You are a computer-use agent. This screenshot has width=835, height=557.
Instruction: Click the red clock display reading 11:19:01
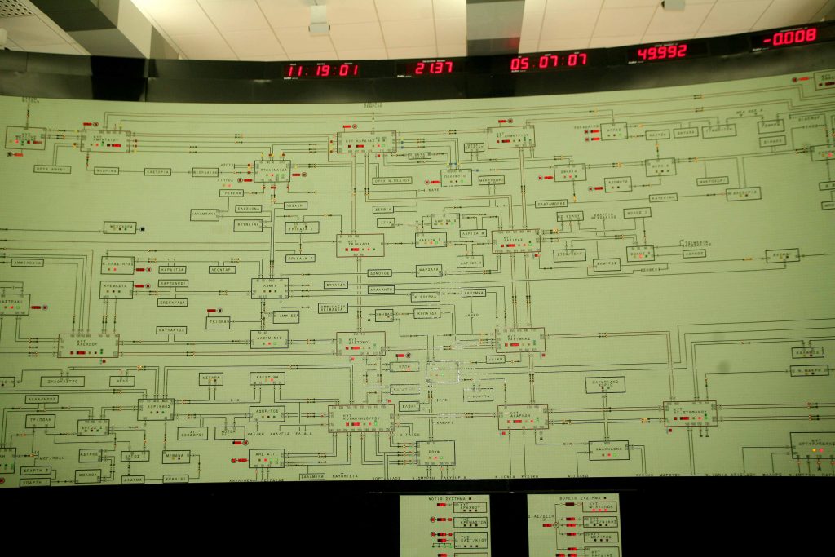click(x=322, y=70)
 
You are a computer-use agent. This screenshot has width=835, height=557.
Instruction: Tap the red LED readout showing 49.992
click(x=662, y=51)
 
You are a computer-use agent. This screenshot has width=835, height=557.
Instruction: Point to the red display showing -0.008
click(x=789, y=36)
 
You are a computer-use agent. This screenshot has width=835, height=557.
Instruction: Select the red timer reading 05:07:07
click(x=548, y=61)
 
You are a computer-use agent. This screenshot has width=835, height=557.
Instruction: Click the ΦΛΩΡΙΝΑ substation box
click(x=106, y=171)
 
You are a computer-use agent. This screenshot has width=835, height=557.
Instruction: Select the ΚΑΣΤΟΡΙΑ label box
click(x=157, y=172)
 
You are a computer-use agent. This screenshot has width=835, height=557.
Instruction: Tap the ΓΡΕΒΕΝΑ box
click(x=232, y=193)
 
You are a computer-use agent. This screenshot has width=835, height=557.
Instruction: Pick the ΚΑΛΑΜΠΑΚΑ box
click(x=205, y=214)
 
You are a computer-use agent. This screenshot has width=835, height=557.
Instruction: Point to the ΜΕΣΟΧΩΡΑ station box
click(x=120, y=228)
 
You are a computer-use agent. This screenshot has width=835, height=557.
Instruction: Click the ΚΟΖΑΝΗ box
click(x=295, y=206)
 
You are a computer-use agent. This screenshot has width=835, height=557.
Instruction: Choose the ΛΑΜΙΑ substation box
click(x=269, y=288)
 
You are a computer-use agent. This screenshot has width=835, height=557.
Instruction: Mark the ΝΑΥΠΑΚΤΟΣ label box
click(x=172, y=330)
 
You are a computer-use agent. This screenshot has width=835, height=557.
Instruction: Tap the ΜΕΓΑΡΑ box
click(x=211, y=378)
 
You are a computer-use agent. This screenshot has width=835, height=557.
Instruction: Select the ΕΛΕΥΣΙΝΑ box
click(x=267, y=378)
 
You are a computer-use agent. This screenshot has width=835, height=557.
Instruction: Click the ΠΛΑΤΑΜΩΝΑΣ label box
click(x=551, y=203)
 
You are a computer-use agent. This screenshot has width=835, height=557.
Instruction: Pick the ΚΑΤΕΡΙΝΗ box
click(x=663, y=197)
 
